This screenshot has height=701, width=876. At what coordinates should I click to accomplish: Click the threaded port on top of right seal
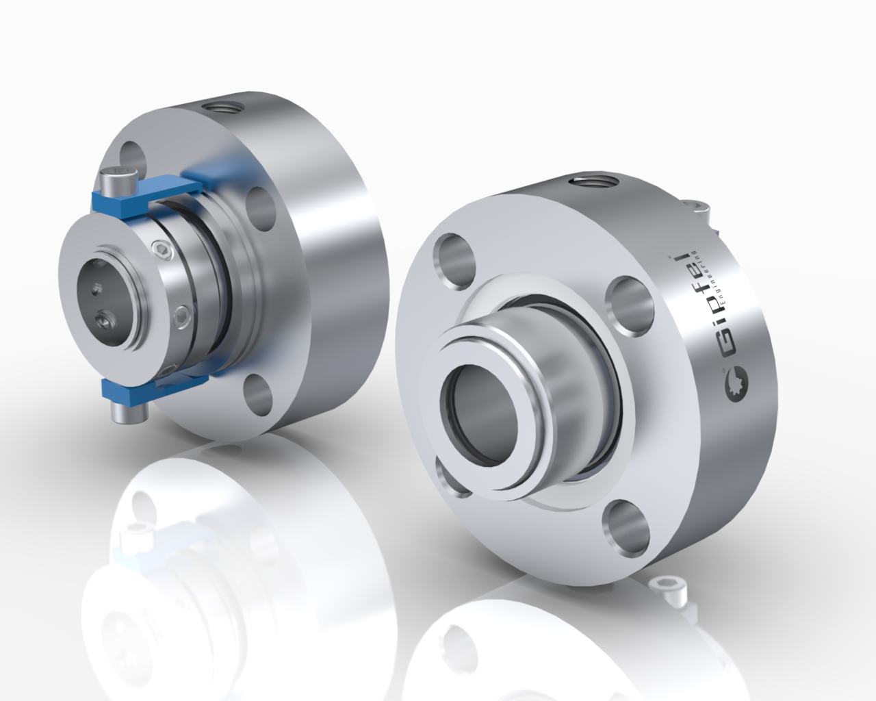591,181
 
